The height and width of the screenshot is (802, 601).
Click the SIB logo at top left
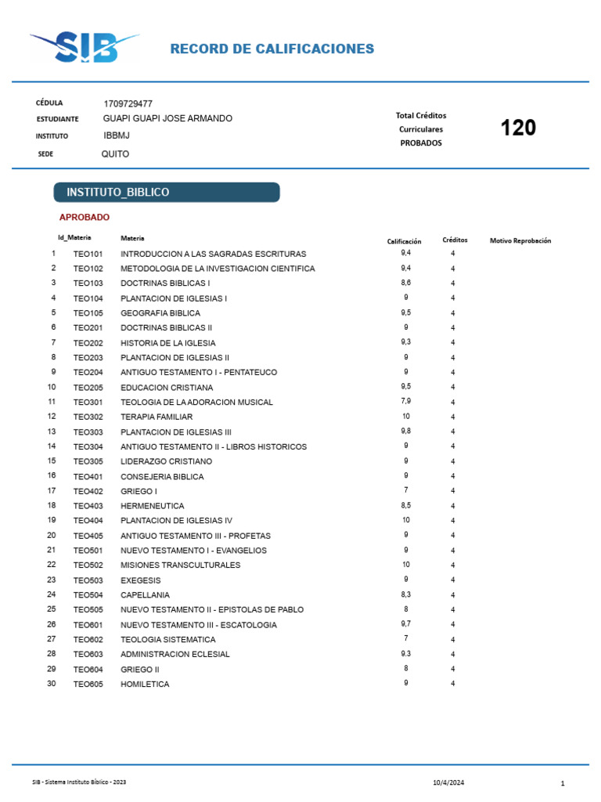(x=85, y=48)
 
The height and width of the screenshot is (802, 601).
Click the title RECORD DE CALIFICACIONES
(x=272, y=49)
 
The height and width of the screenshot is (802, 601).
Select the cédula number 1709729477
(x=128, y=103)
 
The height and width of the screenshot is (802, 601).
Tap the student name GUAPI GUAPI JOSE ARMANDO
(x=167, y=118)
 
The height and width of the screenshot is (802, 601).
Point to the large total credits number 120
(x=518, y=128)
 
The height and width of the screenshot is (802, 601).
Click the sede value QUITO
(x=115, y=154)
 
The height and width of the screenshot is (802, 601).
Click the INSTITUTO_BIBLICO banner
(x=166, y=192)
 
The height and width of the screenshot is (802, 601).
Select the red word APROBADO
(x=85, y=217)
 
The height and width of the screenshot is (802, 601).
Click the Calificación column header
(x=404, y=241)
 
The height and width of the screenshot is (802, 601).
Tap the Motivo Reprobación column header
(x=520, y=240)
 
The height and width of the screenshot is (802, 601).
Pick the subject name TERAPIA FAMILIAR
(x=157, y=417)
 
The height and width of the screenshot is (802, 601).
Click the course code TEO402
(x=88, y=491)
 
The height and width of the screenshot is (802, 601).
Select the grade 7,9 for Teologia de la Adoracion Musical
(x=406, y=401)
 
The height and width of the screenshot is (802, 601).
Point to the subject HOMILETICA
(x=145, y=685)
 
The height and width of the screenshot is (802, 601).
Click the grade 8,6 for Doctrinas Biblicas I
(x=406, y=282)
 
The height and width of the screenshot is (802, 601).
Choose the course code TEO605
(x=88, y=685)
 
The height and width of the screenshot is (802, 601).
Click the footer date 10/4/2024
(x=448, y=782)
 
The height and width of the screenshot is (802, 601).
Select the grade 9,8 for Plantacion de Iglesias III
(x=406, y=431)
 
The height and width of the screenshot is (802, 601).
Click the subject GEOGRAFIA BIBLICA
(x=160, y=313)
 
